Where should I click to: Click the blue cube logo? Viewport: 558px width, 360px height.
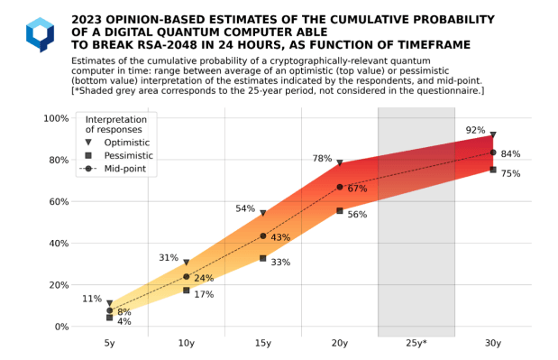point(40,34)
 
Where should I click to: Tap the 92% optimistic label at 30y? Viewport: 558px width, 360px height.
point(475,131)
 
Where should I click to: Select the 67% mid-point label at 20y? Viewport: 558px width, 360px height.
point(357,189)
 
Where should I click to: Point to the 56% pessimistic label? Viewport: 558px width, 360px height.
point(357,215)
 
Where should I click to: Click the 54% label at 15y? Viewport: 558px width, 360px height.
point(245,208)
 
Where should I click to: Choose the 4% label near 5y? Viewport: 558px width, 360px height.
point(124,321)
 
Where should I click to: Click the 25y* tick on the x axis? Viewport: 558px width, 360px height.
point(416,344)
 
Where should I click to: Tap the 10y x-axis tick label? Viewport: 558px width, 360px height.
point(187,344)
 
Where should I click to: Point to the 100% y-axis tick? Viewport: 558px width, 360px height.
point(57,118)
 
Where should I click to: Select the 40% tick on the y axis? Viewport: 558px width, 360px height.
point(59,244)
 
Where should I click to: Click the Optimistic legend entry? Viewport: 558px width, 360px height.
point(126,142)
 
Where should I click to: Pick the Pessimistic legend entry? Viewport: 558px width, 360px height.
point(128,155)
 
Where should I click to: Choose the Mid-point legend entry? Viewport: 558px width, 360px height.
point(126,169)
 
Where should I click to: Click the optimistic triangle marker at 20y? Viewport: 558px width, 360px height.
point(340,163)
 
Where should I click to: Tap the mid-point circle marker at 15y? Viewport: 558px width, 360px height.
point(263,236)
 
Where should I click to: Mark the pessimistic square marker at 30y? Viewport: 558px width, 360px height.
point(493,170)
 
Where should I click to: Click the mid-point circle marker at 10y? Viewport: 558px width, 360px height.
point(187,276)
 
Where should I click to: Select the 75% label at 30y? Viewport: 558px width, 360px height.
point(510,174)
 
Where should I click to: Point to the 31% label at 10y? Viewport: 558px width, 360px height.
point(169,257)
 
